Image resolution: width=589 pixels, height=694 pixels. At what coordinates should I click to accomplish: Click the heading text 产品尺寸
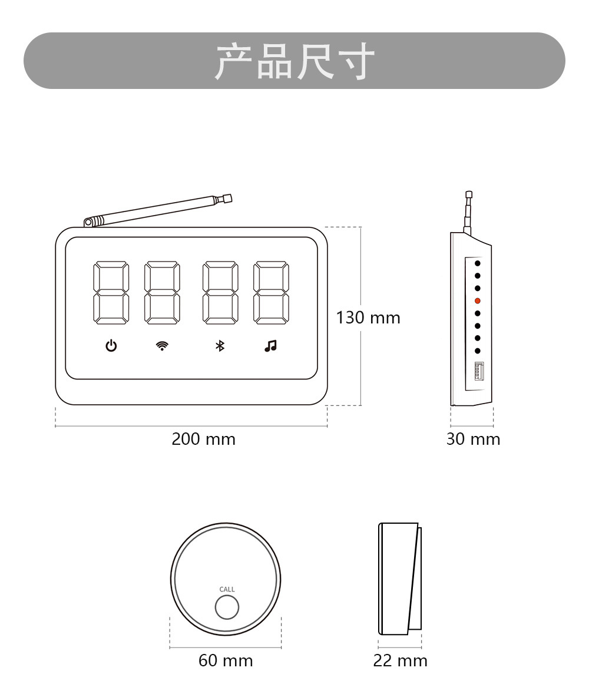point(294,61)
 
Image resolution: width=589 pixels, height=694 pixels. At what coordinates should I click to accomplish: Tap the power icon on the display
point(111,346)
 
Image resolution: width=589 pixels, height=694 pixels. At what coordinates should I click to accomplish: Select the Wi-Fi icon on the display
point(161,346)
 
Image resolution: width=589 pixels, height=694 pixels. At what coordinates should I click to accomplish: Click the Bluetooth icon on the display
point(220,346)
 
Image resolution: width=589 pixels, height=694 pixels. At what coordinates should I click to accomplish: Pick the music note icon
point(270,346)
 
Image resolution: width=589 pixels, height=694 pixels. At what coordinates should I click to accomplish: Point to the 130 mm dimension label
point(368,318)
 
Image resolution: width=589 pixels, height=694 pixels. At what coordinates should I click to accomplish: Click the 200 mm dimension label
point(204,439)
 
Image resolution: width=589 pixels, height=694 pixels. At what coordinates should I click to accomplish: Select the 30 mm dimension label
point(473,439)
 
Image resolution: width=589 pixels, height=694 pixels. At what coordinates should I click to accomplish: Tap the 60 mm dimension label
point(226,660)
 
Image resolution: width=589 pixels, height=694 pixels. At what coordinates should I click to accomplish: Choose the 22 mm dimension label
point(401,660)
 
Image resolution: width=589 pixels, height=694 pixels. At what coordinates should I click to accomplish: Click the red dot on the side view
point(478,300)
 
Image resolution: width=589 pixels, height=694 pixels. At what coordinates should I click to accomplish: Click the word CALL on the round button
point(227,589)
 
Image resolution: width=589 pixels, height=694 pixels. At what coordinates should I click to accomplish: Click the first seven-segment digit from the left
point(111,293)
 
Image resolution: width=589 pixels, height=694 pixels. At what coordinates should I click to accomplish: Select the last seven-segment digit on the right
point(272,293)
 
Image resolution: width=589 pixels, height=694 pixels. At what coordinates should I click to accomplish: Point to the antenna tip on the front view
point(227,199)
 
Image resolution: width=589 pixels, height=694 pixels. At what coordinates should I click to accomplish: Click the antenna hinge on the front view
point(88,222)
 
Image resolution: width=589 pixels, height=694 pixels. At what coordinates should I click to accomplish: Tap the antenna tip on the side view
point(469,194)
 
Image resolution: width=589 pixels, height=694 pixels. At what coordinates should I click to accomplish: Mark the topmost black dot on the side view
point(478,263)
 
